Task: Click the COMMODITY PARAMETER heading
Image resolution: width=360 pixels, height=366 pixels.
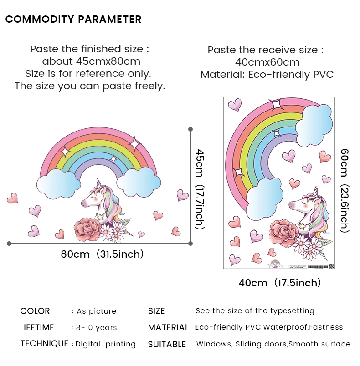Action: point(73,19)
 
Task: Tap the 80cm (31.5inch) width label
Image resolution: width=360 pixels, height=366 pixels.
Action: point(102,254)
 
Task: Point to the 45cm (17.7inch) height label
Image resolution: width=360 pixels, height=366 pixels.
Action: point(200,189)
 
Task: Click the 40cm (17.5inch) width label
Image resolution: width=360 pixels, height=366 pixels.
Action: point(279,283)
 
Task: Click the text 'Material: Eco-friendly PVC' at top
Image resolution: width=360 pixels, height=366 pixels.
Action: point(267,74)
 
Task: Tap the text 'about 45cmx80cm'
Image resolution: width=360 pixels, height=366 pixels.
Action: point(91,61)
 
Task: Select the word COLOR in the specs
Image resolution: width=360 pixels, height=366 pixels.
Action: point(35,311)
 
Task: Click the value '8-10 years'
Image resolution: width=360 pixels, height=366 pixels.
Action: point(97,328)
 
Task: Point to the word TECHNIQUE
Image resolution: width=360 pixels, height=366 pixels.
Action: point(44,344)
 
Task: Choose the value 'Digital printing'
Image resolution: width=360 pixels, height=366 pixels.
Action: point(106,344)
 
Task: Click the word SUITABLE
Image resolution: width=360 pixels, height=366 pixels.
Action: point(167,345)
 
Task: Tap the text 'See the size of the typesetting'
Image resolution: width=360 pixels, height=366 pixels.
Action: point(255,311)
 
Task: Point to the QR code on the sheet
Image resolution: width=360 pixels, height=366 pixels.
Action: point(331,265)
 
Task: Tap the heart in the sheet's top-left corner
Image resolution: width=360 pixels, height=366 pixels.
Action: point(235,105)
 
